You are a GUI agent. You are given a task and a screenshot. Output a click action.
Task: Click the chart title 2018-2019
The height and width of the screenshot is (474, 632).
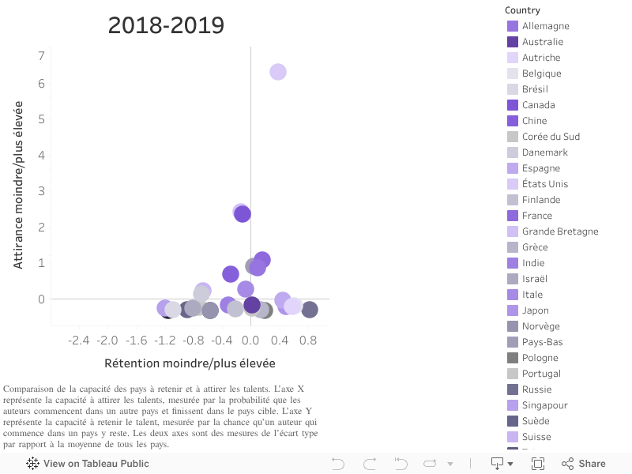click(x=166, y=26)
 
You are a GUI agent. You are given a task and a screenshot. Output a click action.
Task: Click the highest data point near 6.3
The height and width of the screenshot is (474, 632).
click(x=277, y=72)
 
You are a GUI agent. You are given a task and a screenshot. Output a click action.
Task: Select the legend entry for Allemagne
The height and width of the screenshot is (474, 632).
click(x=545, y=26)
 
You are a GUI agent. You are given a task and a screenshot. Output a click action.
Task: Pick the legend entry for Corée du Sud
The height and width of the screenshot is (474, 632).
click(x=551, y=137)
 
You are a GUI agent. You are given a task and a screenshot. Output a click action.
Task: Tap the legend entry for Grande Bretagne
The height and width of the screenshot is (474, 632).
click(x=559, y=231)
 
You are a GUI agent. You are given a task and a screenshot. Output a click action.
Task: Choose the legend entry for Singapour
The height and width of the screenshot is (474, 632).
click(x=544, y=405)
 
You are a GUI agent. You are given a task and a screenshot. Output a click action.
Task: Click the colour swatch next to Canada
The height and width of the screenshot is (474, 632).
click(x=513, y=105)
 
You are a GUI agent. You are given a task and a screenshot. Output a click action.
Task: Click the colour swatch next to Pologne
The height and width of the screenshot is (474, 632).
click(x=513, y=358)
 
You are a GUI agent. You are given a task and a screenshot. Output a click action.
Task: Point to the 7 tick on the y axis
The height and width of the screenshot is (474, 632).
click(x=40, y=55)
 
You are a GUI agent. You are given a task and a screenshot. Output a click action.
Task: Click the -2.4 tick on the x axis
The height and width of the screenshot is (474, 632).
click(x=79, y=340)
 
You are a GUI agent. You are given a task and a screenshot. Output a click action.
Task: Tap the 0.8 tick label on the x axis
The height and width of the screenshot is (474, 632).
click(x=308, y=340)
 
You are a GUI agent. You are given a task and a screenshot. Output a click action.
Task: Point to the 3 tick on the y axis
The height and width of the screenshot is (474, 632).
click(x=40, y=191)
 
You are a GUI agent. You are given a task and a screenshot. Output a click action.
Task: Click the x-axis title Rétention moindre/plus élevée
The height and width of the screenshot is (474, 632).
click(x=190, y=363)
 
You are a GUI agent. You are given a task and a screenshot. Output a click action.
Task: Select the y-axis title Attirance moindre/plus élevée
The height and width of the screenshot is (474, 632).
click(x=18, y=184)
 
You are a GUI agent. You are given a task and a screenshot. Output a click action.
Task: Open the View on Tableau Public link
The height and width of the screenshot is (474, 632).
click(x=88, y=464)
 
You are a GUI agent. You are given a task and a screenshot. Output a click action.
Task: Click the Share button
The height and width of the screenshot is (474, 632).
click(x=584, y=464)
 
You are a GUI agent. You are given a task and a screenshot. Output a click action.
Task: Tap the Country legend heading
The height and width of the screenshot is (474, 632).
click(x=522, y=10)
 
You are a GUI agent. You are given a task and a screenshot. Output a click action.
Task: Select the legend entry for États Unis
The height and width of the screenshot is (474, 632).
click(x=544, y=184)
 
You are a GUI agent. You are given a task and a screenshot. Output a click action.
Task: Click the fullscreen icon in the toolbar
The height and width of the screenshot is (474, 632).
click(x=538, y=464)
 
